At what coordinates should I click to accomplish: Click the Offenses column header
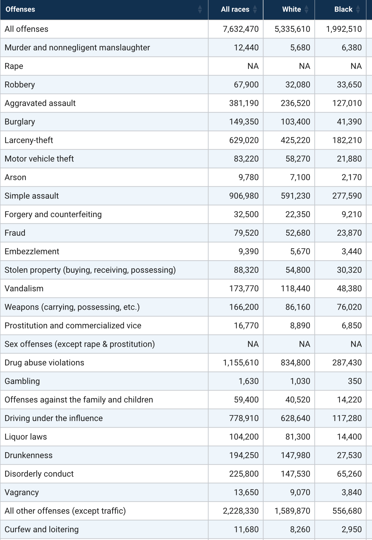pyautogui.click(x=20, y=9)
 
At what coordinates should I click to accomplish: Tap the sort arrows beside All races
pyautogui.click(x=255, y=9)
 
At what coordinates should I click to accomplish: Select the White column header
pyautogui.click(x=291, y=9)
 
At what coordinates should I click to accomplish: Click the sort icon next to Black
pyautogui.click(x=358, y=9)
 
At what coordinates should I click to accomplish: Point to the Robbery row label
pyautogui.click(x=20, y=85)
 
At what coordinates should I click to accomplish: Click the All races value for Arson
pyautogui.click(x=248, y=177)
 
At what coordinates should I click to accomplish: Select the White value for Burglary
pyautogui.click(x=295, y=122)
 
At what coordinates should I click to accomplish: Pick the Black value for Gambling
pyautogui.click(x=354, y=381)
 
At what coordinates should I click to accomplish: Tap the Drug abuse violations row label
pyautogui.click(x=44, y=363)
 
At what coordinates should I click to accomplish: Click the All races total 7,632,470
pyautogui.click(x=241, y=29)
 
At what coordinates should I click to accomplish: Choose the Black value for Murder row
pyautogui.click(x=351, y=48)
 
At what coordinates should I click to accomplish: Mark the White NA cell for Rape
pyautogui.click(x=304, y=66)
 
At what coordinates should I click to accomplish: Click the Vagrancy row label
pyautogui.click(x=22, y=492)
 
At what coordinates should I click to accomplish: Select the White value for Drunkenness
pyautogui.click(x=295, y=455)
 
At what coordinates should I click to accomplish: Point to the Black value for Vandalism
pyautogui.click(x=349, y=288)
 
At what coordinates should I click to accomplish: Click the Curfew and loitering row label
pyautogui.click(x=41, y=529)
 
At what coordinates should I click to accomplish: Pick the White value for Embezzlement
pyautogui.click(x=300, y=251)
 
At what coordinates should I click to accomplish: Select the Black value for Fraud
pyautogui.click(x=349, y=233)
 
